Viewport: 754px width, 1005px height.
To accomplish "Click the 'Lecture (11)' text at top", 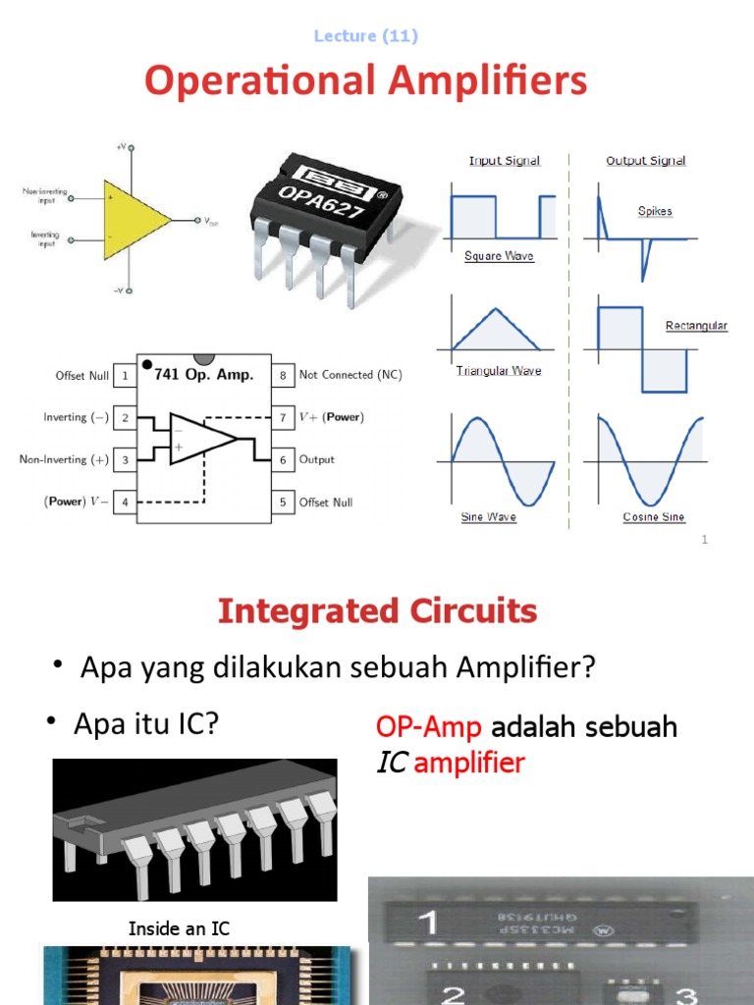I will [x=365, y=36].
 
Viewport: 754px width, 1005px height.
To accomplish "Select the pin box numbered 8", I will [x=283, y=375].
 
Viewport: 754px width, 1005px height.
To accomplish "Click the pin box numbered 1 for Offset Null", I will [x=125, y=375].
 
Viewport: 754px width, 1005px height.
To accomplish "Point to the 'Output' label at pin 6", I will [x=317, y=459].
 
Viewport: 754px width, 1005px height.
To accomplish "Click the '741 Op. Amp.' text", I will [x=204, y=375].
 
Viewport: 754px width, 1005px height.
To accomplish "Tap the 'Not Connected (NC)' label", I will [x=350, y=375].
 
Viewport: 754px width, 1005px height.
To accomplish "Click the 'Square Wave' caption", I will [x=499, y=256].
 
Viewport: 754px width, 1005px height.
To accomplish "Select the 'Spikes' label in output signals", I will [x=655, y=211].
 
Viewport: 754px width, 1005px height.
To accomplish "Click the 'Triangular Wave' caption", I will [x=499, y=371].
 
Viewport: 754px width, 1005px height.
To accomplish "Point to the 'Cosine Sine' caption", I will [x=654, y=517].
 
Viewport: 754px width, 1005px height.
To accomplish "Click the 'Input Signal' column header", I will [x=504, y=161].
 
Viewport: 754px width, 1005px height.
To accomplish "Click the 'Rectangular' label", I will [x=696, y=326].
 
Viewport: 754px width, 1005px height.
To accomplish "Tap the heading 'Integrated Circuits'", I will [x=377, y=611].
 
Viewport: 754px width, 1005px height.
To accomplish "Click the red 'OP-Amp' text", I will [x=429, y=727].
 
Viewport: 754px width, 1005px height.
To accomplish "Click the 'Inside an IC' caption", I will [x=179, y=927].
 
